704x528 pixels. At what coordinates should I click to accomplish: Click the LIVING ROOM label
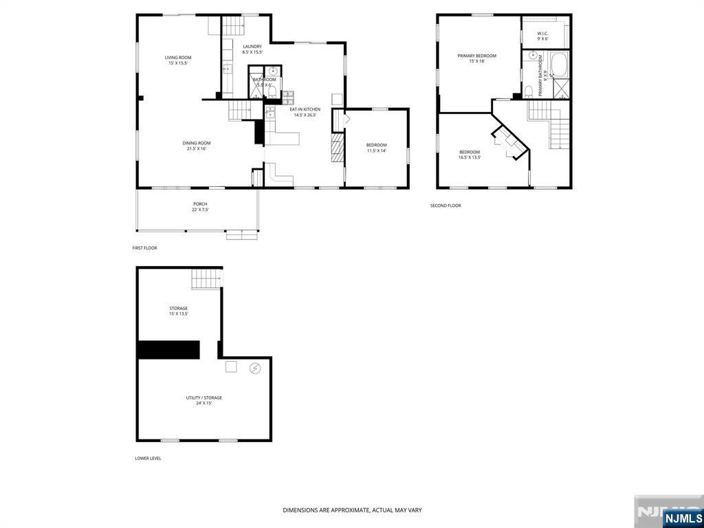click(x=177, y=58)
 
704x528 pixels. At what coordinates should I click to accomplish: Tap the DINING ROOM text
click(x=196, y=143)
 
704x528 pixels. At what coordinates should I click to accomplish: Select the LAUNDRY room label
click(x=252, y=47)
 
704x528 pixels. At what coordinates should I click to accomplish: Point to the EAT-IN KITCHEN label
click(x=305, y=109)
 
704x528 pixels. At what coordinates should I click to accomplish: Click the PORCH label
click(x=199, y=204)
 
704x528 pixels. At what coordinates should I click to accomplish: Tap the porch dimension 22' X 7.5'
click(x=199, y=210)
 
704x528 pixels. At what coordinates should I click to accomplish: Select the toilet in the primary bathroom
click(x=528, y=91)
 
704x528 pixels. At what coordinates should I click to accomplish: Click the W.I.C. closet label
click(x=542, y=34)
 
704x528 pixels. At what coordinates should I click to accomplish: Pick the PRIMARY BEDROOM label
click(x=476, y=56)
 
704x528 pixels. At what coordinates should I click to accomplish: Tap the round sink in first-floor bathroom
click(x=273, y=70)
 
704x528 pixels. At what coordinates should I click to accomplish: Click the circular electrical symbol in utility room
click(x=254, y=368)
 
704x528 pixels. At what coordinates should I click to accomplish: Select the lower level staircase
click(x=207, y=279)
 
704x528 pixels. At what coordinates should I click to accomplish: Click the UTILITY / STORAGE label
click(x=203, y=397)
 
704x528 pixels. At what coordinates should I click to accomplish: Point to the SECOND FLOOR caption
click(x=445, y=206)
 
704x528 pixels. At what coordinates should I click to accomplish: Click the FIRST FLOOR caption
click(x=144, y=247)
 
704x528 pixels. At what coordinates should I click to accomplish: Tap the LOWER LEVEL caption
click(x=148, y=458)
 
